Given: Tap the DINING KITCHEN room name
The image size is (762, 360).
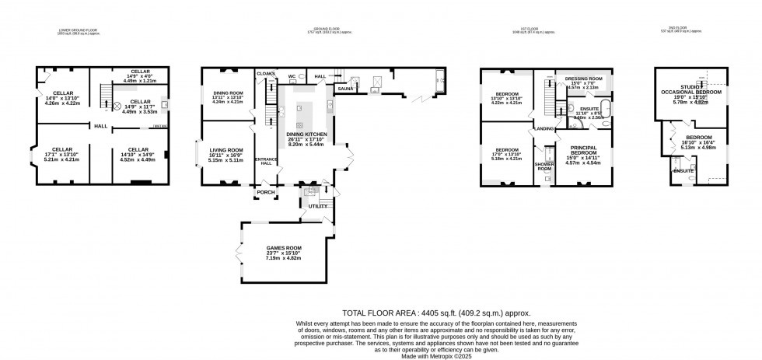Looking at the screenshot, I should click(306, 134).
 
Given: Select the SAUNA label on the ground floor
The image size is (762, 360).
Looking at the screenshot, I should click(345, 89).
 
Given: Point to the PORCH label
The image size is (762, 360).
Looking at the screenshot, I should click(267, 192).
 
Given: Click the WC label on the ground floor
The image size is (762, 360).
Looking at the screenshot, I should click(292, 76).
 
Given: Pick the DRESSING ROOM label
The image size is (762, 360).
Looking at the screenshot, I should click(582, 79).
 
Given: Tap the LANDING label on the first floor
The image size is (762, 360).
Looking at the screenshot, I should click(544, 129).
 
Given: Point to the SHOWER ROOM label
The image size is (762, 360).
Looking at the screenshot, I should click(544, 166).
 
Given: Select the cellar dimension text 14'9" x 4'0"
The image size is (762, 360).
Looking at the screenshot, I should click(140, 76).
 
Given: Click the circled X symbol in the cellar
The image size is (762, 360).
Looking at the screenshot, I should click(118, 107).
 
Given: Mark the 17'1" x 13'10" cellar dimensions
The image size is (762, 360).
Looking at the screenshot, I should click(61, 155).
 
